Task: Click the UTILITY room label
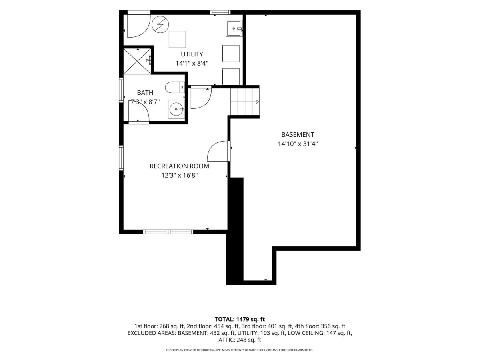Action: [x=192, y=54]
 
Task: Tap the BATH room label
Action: [x=145, y=93]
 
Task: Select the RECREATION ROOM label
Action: [x=179, y=166]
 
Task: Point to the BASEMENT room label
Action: [x=298, y=134]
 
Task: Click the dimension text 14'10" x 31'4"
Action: [x=298, y=144]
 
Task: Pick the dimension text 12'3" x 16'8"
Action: [x=180, y=175]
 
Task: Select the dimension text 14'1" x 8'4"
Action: [x=192, y=63]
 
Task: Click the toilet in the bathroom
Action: [x=175, y=88]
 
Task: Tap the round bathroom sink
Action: [x=176, y=109]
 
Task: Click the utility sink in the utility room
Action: [x=234, y=29]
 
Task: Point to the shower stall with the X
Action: [x=137, y=61]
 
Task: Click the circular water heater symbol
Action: [x=160, y=25]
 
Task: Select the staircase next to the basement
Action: [x=245, y=102]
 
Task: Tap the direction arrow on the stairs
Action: [x=257, y=102]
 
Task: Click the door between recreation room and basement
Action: [x=218, y=151]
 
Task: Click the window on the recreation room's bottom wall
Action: [x=168, y=232]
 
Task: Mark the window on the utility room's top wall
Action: [x=220, y=12]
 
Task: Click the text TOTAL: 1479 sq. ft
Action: [x=240, y=319]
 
